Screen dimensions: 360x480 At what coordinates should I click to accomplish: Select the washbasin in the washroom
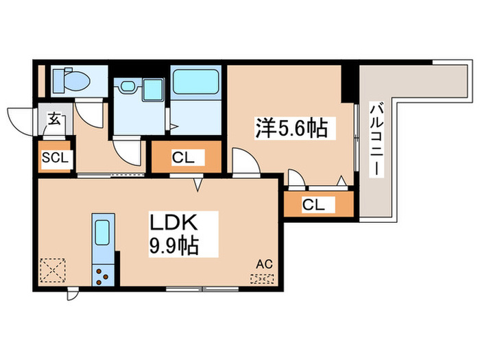128,87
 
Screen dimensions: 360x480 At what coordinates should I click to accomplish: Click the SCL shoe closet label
56,158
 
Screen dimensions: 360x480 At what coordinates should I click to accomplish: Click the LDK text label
174,223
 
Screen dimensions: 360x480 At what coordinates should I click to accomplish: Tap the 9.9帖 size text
174,245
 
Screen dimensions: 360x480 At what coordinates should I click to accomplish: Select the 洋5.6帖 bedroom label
291,128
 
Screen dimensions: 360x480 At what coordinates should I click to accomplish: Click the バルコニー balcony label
376,140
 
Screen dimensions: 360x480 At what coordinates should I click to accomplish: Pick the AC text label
263,263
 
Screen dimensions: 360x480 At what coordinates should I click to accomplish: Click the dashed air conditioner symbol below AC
262,279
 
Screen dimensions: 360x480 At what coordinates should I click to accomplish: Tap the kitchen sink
102,233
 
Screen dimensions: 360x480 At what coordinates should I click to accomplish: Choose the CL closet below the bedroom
319,204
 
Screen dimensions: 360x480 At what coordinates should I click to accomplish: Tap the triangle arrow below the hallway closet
197,183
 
